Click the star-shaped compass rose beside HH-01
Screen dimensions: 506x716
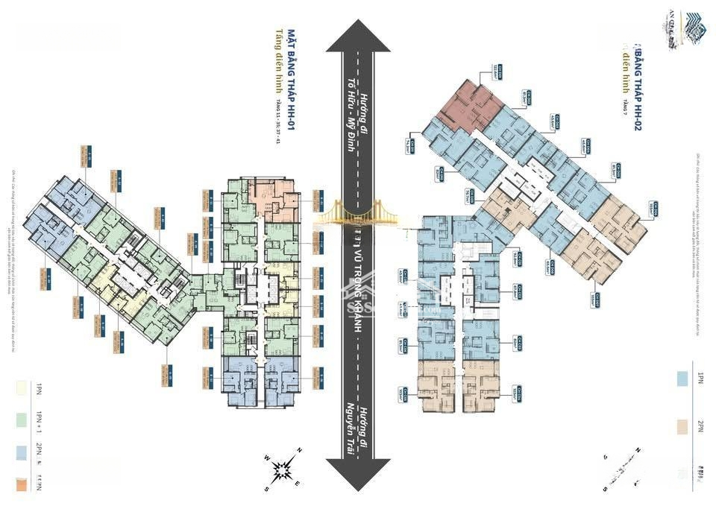[284, 468]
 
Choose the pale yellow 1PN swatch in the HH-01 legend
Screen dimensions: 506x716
[19, 388]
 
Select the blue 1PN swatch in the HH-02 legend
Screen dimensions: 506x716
[682, 379]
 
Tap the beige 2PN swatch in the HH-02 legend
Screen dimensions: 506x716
[682, 426]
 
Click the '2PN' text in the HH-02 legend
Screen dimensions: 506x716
[700, 426]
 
